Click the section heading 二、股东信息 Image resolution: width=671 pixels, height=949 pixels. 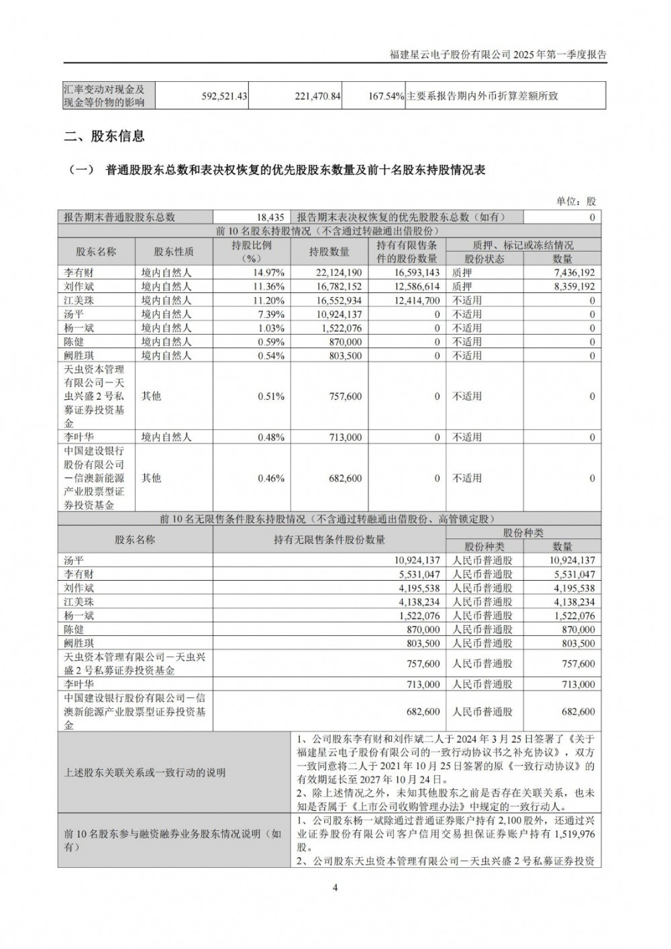(x=104, y=136)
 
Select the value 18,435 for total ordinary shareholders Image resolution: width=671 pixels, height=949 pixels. (x=271, y=217)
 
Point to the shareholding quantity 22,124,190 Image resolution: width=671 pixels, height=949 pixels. (x=335, y=273)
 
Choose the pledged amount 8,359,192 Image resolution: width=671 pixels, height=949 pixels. (x=568, y=286)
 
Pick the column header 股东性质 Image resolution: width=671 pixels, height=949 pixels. (x=174, y=252)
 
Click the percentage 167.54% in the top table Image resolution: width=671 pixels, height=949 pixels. (x=385, y=96)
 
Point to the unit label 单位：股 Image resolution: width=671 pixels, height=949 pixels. (x=576, y=201)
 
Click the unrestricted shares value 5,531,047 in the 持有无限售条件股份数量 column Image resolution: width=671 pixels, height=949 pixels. (x=414, y=574)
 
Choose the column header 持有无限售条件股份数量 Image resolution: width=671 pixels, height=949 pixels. (x=329, y=540)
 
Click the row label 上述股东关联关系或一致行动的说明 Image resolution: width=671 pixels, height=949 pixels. (x=145, y=773)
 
